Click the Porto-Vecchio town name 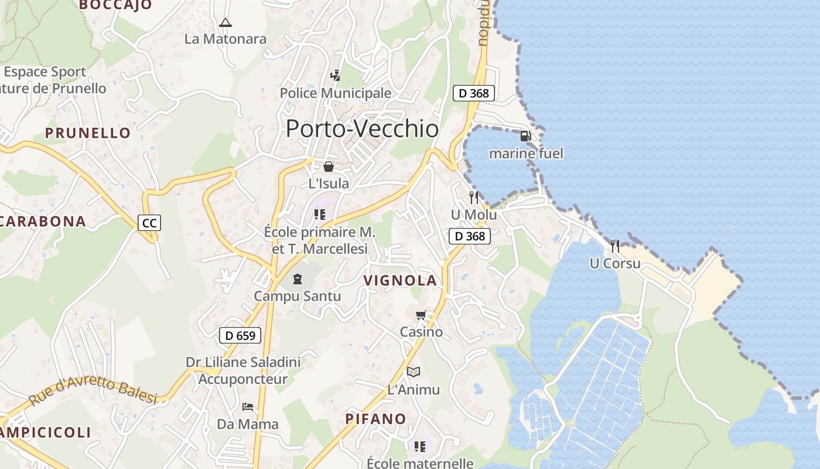tap(362, 128)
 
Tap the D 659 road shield tap(240, 335)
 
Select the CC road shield tap(149, 223)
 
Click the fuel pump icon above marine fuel tap(525, 136)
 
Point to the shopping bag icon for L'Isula tap(329, 166)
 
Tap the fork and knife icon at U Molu tap(474, 198)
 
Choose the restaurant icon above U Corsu tap(615, 246)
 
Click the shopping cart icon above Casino tap(421, 315)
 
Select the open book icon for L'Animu tap(414, 372)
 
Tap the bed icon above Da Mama tap(248, 406)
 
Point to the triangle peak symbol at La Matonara tap(225, 23)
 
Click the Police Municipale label tap(336, 93)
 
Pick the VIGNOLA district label tap(401, 280)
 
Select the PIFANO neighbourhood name tap(375, 419)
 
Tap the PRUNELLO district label tap(88, 132)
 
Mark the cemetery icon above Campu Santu tap(298, 278)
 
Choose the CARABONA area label tap(43, 221)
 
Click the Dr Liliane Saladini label tap(243, 362)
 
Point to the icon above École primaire tap(320, 214)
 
